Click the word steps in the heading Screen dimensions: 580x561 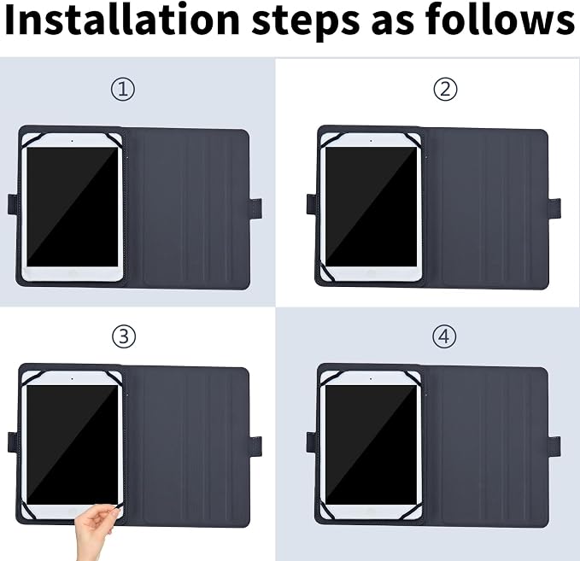305,21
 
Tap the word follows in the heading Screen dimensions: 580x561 500,19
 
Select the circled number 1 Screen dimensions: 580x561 123,89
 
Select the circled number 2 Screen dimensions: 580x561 445,89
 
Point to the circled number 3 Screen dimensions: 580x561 124,336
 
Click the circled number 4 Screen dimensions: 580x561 444,336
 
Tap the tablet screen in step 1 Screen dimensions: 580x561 73,207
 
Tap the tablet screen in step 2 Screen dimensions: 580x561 371,207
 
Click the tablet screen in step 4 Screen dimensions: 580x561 371,445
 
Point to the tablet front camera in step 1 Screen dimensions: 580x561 72,141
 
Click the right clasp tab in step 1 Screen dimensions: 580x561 256,208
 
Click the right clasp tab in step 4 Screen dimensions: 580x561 554,447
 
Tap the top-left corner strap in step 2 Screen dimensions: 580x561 330,140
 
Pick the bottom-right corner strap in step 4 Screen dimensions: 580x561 414,511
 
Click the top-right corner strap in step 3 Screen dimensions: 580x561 114,379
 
